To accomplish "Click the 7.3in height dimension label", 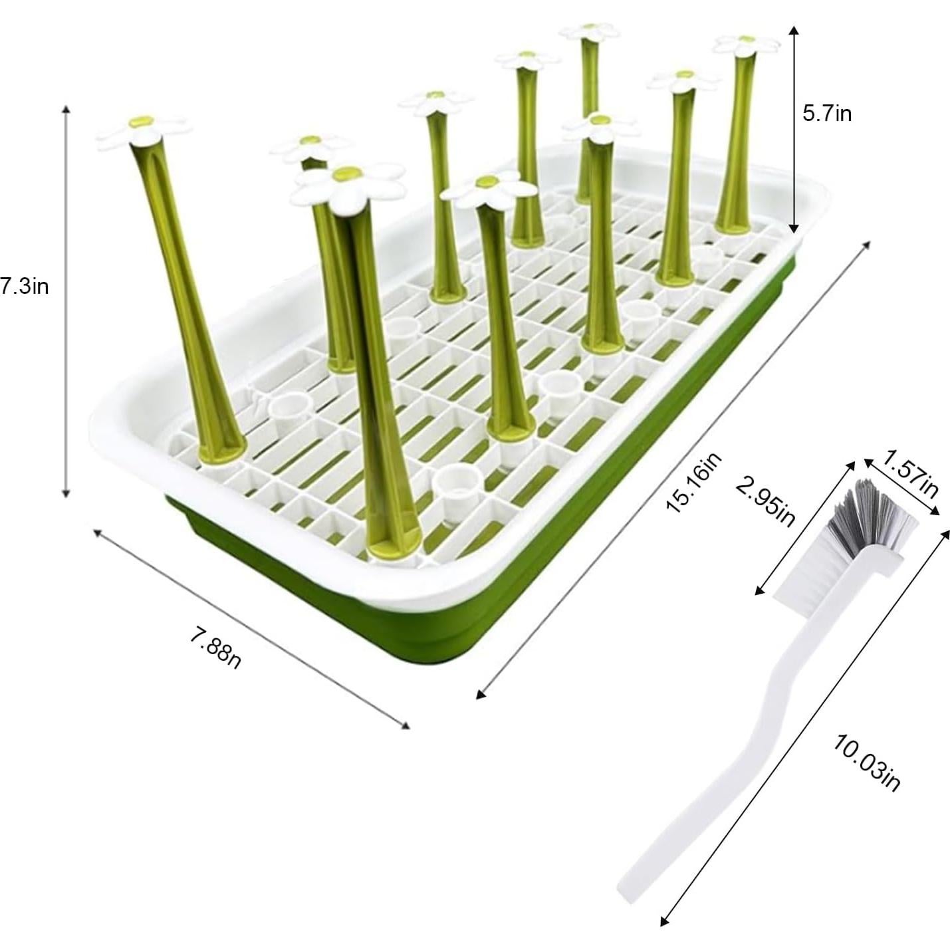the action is pyautogui.click(x=25, y=287).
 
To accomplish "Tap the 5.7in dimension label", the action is pyautogui.click(x=826, y=114).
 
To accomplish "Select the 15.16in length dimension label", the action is pyautogui.click(x=693, y=483).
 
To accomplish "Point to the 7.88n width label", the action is pyautogui.click(x=215, y=648).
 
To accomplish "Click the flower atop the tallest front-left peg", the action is pyautogui.click(x=142, y=131).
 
